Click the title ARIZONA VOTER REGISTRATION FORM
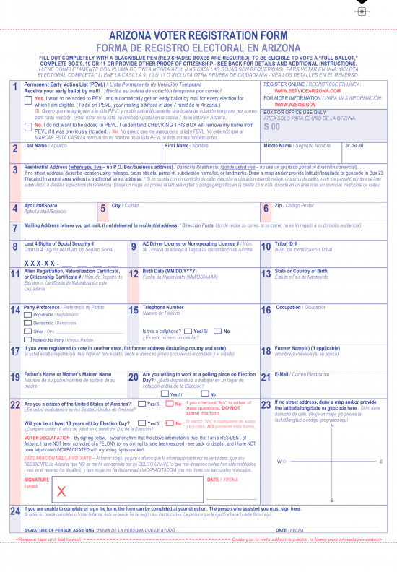[198, 35]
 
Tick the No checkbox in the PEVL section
[28, 125]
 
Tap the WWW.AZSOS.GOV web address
[294, 105]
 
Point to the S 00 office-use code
[271, 126]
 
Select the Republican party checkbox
[28, 315]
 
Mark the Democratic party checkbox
[28, 323]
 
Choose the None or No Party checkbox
[28, 339]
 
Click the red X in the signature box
[61, 492]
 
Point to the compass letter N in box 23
[331, 425]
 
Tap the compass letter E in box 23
[380, 461]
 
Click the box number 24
[14, 511]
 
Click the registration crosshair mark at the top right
[362, 11]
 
